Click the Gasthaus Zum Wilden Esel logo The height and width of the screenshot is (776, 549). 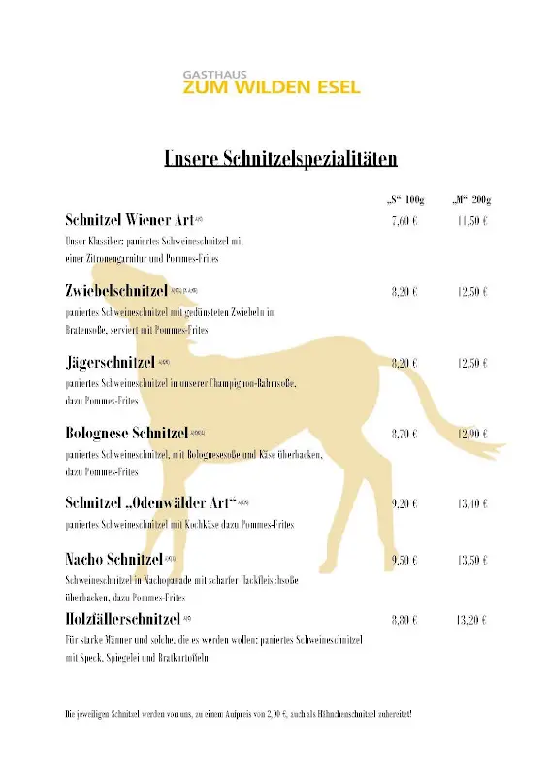click(x=272, y=82)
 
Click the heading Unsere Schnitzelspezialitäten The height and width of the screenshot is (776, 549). click(x=280, y=159)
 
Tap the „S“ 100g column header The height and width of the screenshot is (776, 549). click(x=405, y=200)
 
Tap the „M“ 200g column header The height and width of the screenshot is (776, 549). click(x=472, y=200)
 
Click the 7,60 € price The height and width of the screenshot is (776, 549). click(x=404, y=221)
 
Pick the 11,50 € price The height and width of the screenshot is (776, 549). click(x=471, y=221)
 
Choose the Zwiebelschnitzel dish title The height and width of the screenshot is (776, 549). click(x=116, y=291)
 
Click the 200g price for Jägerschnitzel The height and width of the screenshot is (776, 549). click(x=471, y=363)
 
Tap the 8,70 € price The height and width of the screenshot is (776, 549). click(x=404, y=435)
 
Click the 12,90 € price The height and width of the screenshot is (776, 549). click(x=471, y=435)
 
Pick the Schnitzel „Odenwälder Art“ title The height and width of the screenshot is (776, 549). click(x=151, y=502)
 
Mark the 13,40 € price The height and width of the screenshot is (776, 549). click(x=471, y=504)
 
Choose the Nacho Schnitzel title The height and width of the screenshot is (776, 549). click(x=114, y=560)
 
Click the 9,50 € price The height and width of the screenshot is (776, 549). click(x=404, y=561)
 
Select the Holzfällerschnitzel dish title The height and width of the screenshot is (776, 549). click(x=123, y=618)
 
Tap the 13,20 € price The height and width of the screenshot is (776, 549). click(x=471, y=619)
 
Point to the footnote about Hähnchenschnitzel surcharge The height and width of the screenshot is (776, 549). click(x=239, y=714)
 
